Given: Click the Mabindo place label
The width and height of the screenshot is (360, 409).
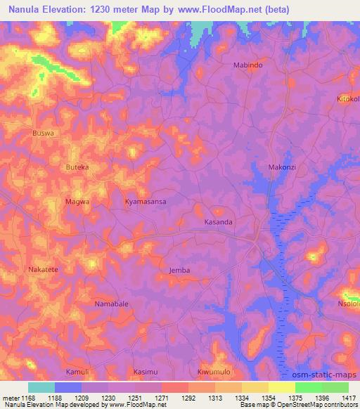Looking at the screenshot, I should (247, 65).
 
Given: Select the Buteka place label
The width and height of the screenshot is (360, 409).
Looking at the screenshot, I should (77, 167).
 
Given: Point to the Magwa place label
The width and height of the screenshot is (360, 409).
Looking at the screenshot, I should (77, 201).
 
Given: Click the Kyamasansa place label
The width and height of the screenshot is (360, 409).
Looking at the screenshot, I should (146, 201).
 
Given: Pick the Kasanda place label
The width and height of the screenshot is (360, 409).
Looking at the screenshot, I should (218, 222).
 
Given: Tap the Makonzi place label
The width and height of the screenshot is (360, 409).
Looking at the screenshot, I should (281, 167).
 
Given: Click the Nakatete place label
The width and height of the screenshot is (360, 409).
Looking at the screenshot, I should (44, 269).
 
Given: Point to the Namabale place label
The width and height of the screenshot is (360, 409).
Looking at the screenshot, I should (111, 304).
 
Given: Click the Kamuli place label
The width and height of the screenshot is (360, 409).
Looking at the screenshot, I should (77, 371).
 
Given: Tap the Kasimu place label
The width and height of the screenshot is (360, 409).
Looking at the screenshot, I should (146, 371).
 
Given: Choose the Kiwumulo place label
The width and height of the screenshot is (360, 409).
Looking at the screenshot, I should (214, 371).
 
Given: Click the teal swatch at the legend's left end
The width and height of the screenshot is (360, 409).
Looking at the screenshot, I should (41, 387).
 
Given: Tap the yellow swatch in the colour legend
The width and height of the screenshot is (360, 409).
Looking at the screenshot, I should (282, 387).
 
